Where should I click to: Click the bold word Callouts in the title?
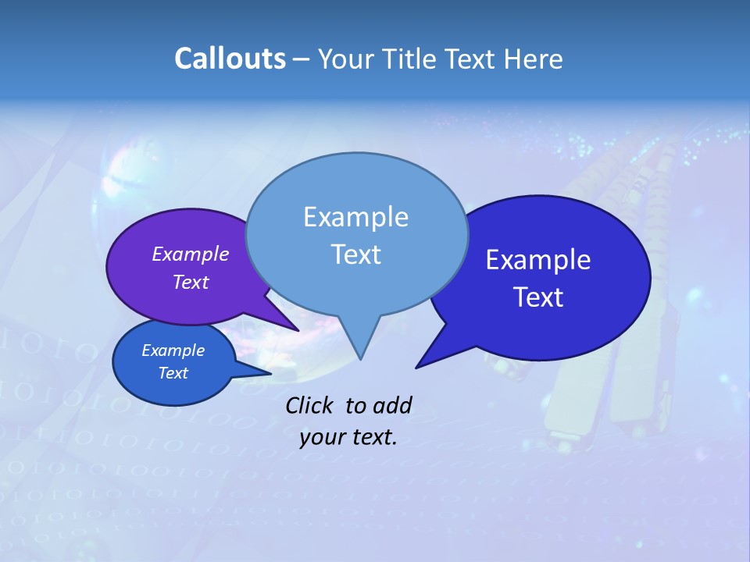point(230,59)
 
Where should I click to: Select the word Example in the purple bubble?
point(191,254)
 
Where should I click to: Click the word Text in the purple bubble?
point(191,282)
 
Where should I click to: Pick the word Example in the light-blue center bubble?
point(355,217)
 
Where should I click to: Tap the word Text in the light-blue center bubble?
point(355,254)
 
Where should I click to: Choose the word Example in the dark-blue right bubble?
point(538,260)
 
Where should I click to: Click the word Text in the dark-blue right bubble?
point(538,297)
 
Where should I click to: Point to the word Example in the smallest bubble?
point(173,350)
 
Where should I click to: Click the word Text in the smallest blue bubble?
point(173,373)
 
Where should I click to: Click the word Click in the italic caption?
point(309,405)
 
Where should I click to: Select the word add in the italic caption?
point(391,405)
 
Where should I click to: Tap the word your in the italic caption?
point(322,437)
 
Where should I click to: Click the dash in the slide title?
point(302,59)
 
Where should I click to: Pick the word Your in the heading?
point(344,59)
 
